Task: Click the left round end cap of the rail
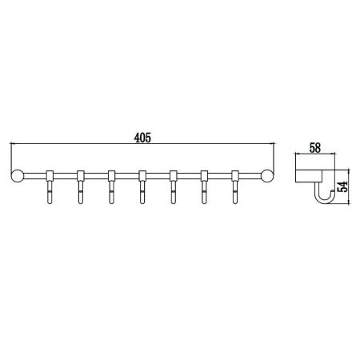pos(18,176)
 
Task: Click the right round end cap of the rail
pos(266,176)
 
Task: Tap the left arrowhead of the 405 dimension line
pos(12,145)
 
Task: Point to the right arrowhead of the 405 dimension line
pos(271,145)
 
